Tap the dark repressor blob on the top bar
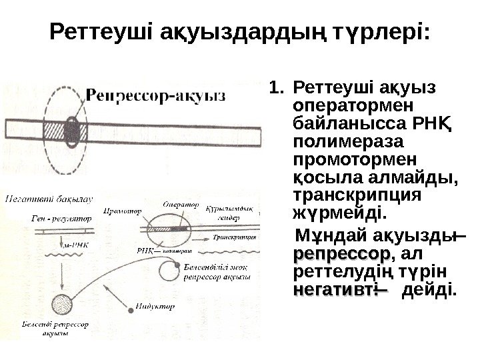coord(71,128)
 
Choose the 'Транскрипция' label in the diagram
coord(236,237)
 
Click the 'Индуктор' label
coord(158,307)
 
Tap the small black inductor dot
coord(130,308)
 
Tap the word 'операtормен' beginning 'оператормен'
coord(335,107)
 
